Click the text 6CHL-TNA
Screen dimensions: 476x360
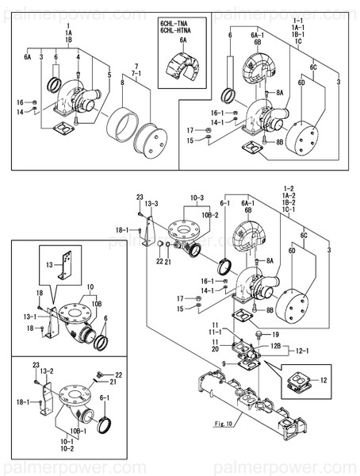tap(175, 25)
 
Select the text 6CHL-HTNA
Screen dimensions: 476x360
tap(177, 33)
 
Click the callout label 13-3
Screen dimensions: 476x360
tap(151, 204)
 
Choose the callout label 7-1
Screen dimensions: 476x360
tap(136, 72)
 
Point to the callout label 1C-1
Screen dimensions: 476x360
tap(288, 209)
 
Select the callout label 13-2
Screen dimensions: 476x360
tap(46, 370)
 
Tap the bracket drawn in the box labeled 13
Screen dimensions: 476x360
tap(69, 264)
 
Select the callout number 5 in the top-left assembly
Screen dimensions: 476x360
tap(108, 75)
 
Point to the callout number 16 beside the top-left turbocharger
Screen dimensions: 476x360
tap(22, 102)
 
